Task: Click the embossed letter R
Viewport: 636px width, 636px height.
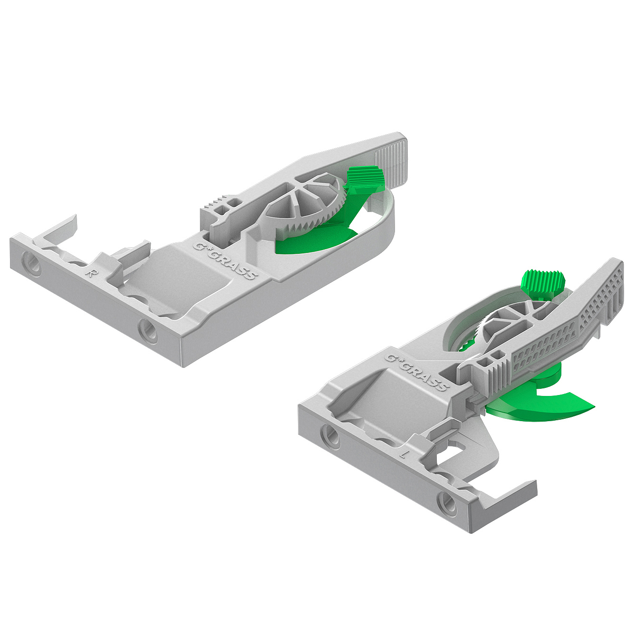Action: (89, 273)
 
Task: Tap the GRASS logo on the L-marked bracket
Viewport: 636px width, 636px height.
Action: (416, 372)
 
